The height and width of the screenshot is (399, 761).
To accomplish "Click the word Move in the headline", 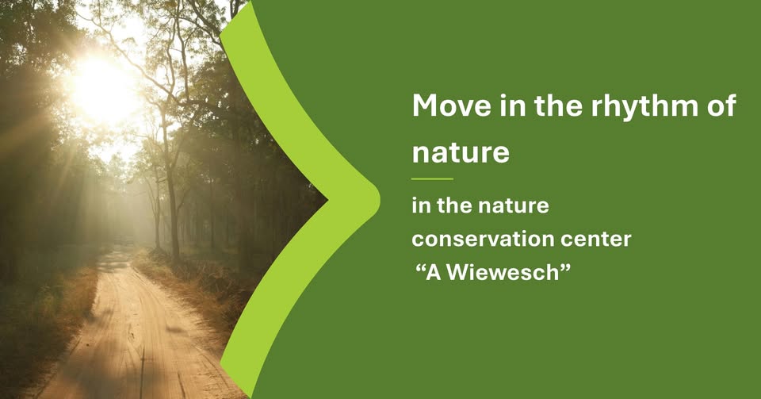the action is click(452, 105).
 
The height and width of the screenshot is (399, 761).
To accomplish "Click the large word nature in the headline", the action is click(461, 152).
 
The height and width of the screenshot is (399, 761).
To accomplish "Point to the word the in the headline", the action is click(558, 105).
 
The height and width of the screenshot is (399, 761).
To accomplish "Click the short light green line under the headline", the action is click(432, 179).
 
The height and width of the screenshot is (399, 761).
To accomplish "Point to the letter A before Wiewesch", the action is click(433, 273).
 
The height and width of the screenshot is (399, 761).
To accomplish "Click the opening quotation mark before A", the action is click(420, 267).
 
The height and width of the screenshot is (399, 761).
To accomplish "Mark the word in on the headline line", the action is click(513, 105).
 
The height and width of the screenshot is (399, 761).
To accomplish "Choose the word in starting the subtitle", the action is click(421, 206).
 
